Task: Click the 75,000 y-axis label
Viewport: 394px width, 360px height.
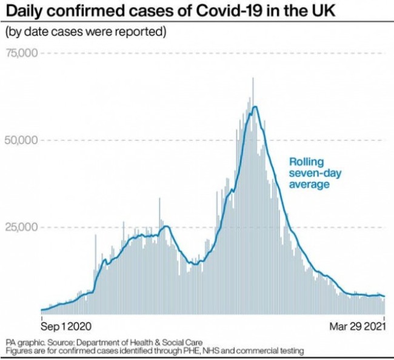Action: point(21,53)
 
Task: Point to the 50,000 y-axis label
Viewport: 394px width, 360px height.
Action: point(21,141)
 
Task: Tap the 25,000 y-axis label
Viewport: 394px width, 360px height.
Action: point(21,228)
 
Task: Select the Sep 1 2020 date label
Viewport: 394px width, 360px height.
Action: point(65,325)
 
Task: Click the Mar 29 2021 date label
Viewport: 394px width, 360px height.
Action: point(358,325)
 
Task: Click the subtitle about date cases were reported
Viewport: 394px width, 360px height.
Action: point(85,32)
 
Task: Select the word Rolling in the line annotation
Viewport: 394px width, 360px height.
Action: point(306,162)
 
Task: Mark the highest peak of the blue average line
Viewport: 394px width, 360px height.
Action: point(255,107)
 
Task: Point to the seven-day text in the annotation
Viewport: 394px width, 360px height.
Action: point(315,173)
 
